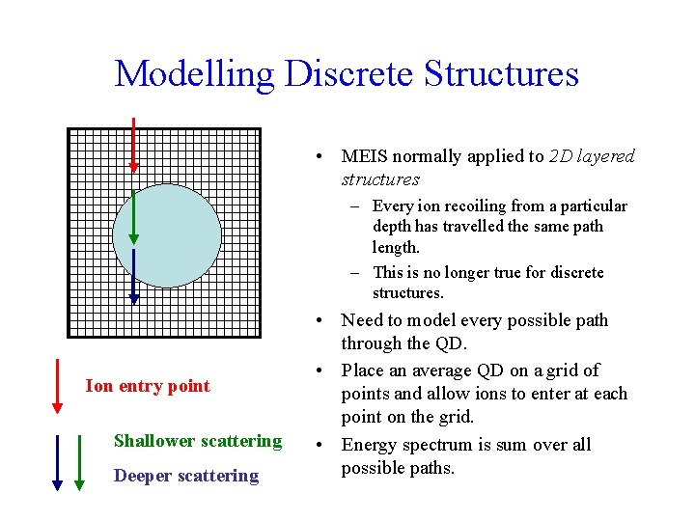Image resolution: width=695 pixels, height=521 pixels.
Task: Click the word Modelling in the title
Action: click(x=194, y=73)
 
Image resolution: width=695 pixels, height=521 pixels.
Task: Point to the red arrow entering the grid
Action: click(x=133, y=154)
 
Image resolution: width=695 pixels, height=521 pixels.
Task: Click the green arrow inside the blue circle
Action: click(x=133, y=217)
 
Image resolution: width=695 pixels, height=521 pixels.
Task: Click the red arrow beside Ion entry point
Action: click(x=57, y=386)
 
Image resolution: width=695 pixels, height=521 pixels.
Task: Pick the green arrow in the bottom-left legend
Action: click(x=58, y=463)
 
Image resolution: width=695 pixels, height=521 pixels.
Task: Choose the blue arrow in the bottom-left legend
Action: click(x=79, y=463)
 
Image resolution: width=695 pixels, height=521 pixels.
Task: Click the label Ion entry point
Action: click(x=148, y=386)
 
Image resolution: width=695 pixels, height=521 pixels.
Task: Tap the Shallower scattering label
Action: click(x=198, y=441)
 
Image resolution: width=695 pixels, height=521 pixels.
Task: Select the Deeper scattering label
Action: click(x=186, y=475)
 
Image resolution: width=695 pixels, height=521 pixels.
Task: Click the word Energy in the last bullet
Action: click(x=370, y=445)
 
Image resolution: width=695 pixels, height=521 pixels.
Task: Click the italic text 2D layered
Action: click(x=592, y=156)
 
